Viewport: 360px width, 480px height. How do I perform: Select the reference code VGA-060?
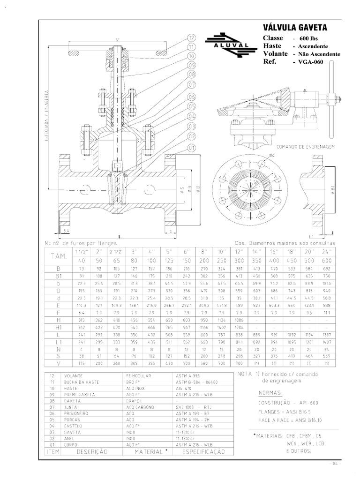coord(312,61)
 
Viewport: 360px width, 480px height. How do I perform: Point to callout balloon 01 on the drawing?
coord(191,148)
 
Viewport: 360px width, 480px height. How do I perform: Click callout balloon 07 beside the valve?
coord(191,85)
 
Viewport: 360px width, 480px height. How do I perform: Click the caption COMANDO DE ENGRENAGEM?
coord(307,146)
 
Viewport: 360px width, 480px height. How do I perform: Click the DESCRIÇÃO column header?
coord(92,451)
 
